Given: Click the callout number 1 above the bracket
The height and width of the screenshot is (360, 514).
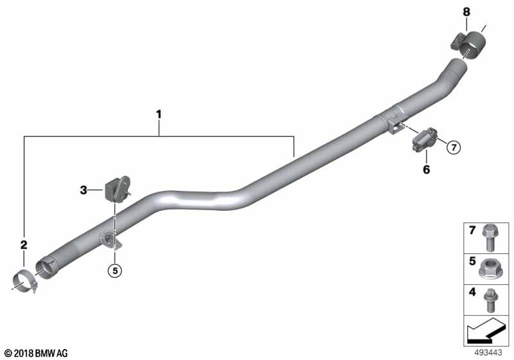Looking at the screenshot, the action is coord(159,115).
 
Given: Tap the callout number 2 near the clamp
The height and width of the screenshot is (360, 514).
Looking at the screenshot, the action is coord(24,244).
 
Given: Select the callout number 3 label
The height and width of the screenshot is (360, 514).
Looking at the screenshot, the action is coord(84,190).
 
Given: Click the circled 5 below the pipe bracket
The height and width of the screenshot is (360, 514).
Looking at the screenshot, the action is coord(115,271).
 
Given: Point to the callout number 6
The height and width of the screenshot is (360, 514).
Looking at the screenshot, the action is coord(426,170).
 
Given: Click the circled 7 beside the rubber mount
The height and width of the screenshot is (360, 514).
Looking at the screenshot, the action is coord(454,148).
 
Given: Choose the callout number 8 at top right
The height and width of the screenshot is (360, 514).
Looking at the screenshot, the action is coord(466,12).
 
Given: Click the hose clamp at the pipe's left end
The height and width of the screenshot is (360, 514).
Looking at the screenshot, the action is coord(25,282).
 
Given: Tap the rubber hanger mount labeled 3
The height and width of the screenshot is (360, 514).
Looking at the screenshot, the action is coord(118,188).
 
